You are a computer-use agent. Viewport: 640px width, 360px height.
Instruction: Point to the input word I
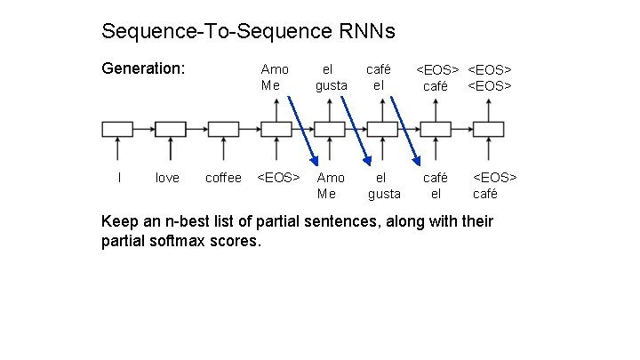tap(119, 178)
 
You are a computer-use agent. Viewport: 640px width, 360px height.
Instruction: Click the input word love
tap(167, 178)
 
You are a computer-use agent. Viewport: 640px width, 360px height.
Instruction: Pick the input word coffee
tap(223, 178)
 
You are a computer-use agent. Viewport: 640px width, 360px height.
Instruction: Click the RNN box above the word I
tap(117, 130)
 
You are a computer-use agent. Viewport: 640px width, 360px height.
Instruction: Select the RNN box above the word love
tap(171, 130)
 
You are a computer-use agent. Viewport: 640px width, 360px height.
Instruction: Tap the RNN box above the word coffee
tap(223, 130)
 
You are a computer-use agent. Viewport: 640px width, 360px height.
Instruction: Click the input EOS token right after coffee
tap(278, 178)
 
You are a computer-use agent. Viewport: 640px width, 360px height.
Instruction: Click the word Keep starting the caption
tap(121, 221)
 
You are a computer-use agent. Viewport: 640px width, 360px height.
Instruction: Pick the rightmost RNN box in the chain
tap(489, 130)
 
